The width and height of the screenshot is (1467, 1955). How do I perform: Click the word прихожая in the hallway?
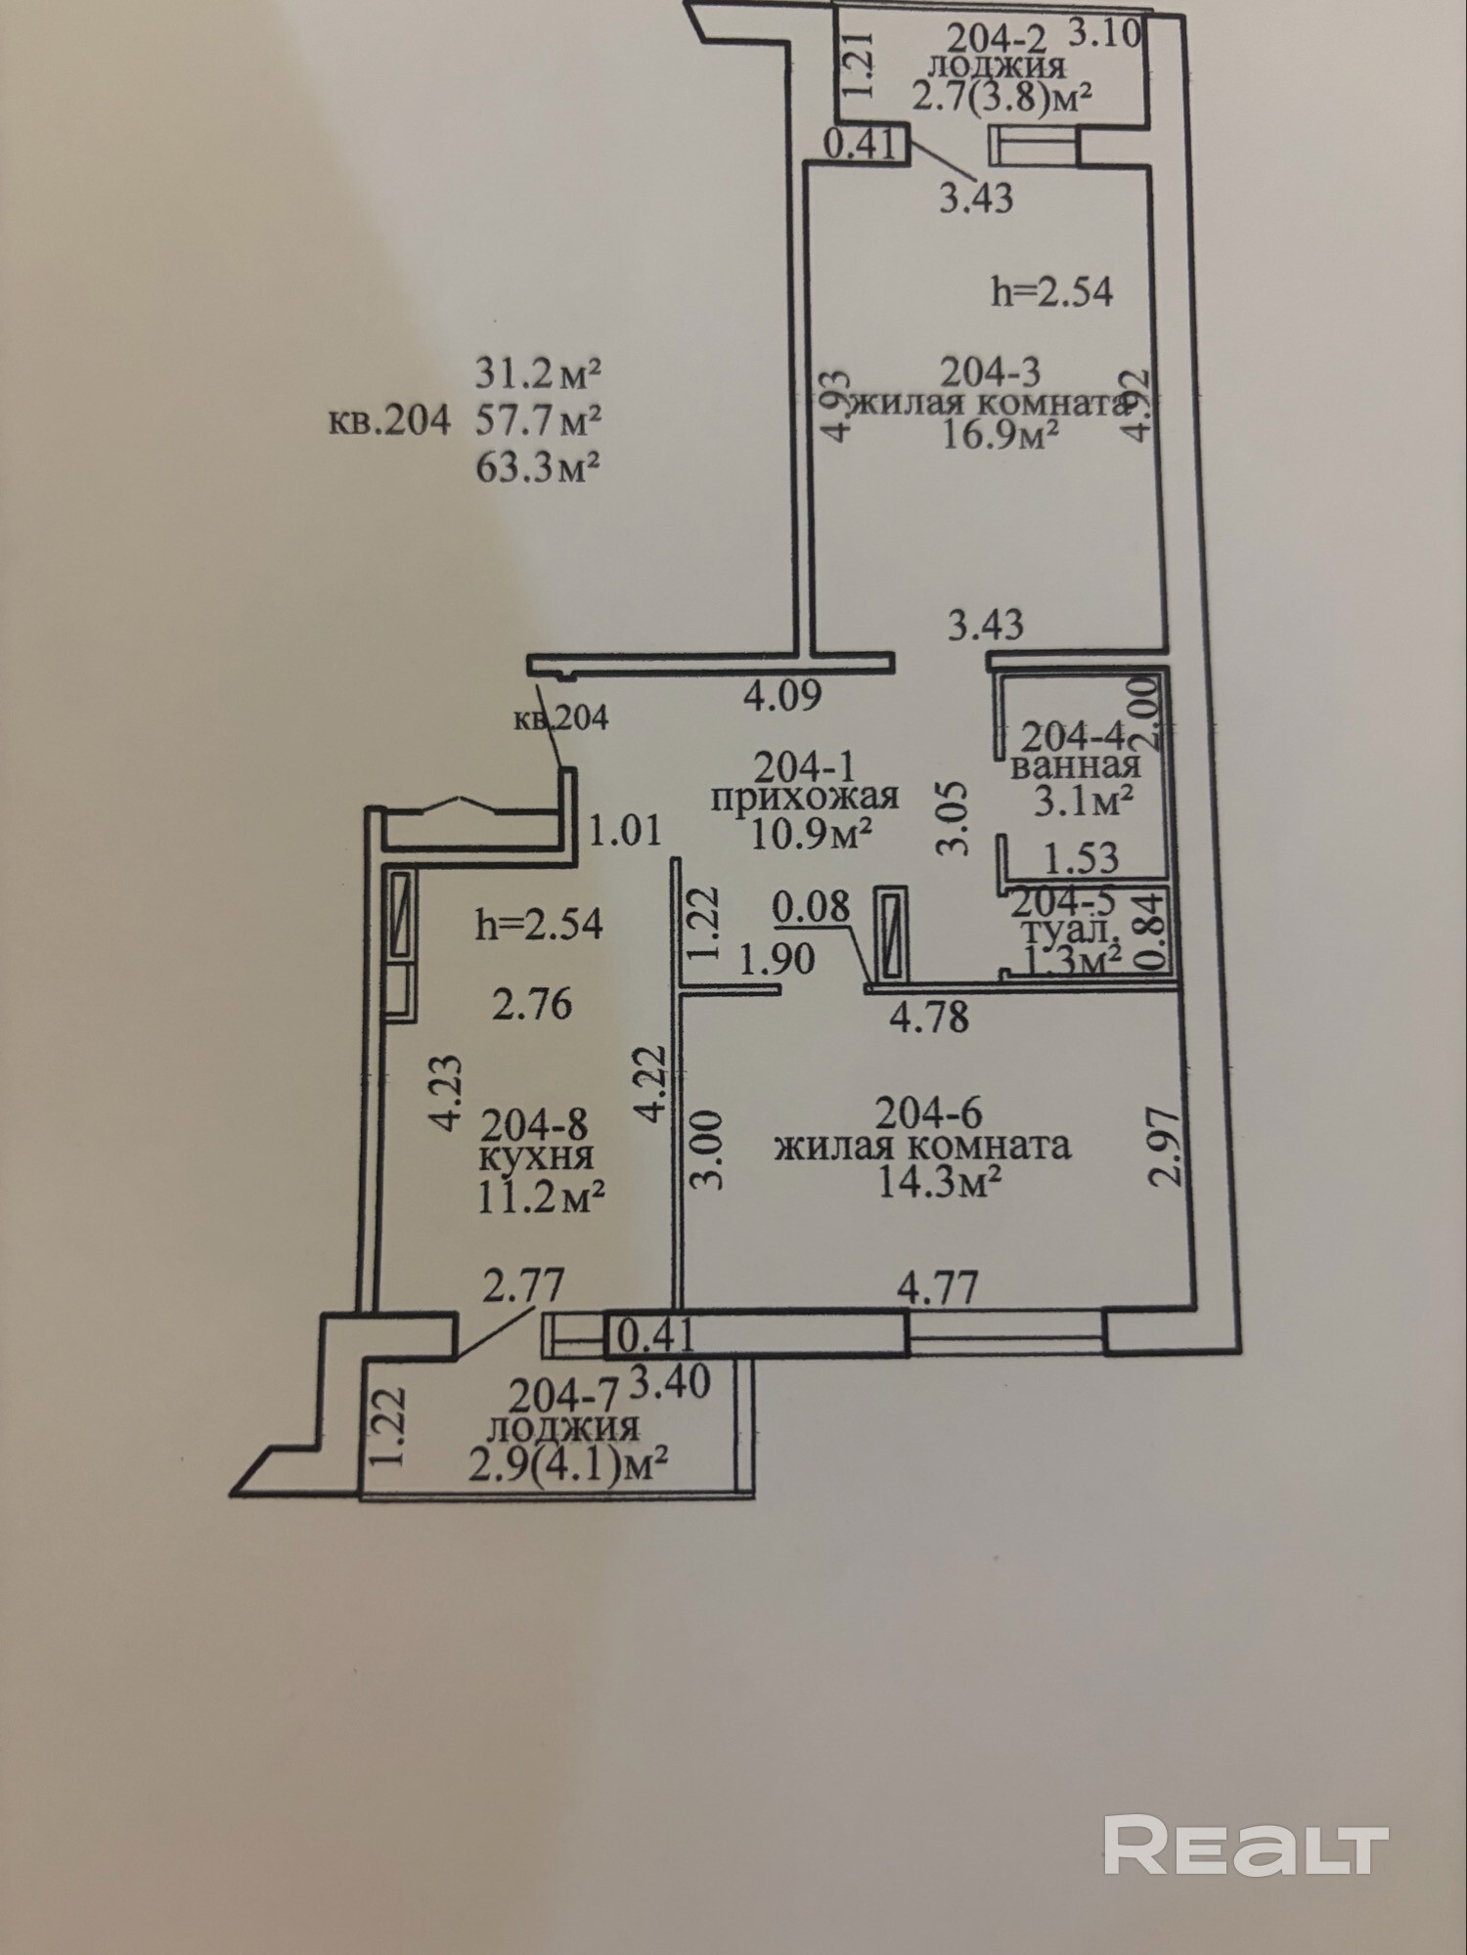tap(804, 797)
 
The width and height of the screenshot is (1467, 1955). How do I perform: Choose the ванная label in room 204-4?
tap(1076, 764)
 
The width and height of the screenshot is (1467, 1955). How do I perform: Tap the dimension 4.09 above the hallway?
tap(782, 696)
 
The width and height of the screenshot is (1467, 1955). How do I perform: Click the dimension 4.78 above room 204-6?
tap(929, 1017)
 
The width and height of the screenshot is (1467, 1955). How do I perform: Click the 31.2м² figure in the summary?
tap(537, 372)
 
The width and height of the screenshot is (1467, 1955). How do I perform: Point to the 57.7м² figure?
tap(537, 420)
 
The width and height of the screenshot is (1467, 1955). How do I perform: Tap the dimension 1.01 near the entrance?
tap(625, 831)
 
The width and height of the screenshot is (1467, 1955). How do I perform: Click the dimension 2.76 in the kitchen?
tap(531, 1004)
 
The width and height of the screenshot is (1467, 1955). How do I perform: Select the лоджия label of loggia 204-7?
tap(562, 1428)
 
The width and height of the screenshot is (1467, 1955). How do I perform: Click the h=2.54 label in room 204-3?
tap(1051, 291)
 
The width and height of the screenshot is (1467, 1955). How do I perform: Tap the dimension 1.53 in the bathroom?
tap(1081, 858)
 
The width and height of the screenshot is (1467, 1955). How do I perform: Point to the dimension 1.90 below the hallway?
tap(778, 959)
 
